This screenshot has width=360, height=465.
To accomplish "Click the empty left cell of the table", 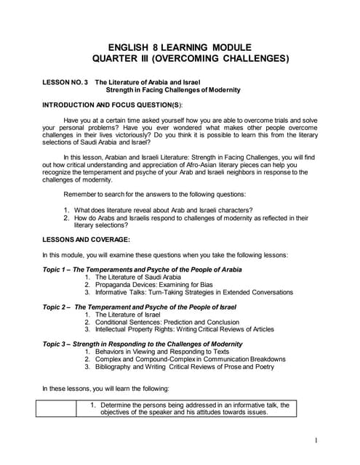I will pyautogui.click(x=59, y=408).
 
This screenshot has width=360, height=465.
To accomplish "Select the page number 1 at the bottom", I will pyautogui.click(x=318, y=440).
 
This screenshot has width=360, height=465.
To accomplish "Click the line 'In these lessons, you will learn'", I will pyautogui.click(x=105, y=389).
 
